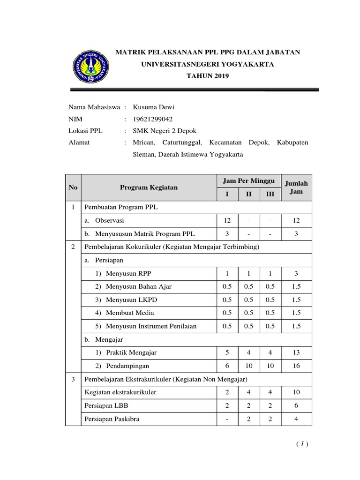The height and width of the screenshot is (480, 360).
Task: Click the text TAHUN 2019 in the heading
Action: pos(208,75)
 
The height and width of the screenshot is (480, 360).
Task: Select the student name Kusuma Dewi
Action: pos(153,107)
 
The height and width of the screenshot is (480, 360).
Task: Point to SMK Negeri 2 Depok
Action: pos(165,131)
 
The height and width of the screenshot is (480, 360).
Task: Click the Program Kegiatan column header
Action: pos(149,187)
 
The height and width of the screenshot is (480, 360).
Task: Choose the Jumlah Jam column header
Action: pos(296,187)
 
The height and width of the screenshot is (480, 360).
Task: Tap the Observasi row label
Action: pos(109,220)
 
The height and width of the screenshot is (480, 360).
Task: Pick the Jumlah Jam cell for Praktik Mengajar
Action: pos(296,352)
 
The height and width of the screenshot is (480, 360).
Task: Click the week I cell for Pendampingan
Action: pos(227,366)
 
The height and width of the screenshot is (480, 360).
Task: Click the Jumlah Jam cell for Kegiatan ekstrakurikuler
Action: pos(296,392)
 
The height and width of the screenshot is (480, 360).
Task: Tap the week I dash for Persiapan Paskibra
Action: pos(227,419)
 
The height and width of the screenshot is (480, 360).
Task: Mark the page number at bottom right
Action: pos(302,444)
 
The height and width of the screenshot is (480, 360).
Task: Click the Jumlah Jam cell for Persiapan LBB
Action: pos(296,405)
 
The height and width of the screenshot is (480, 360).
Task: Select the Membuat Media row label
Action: pos(130,313)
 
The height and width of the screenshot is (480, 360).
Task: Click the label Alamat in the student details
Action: pos(79,142)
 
